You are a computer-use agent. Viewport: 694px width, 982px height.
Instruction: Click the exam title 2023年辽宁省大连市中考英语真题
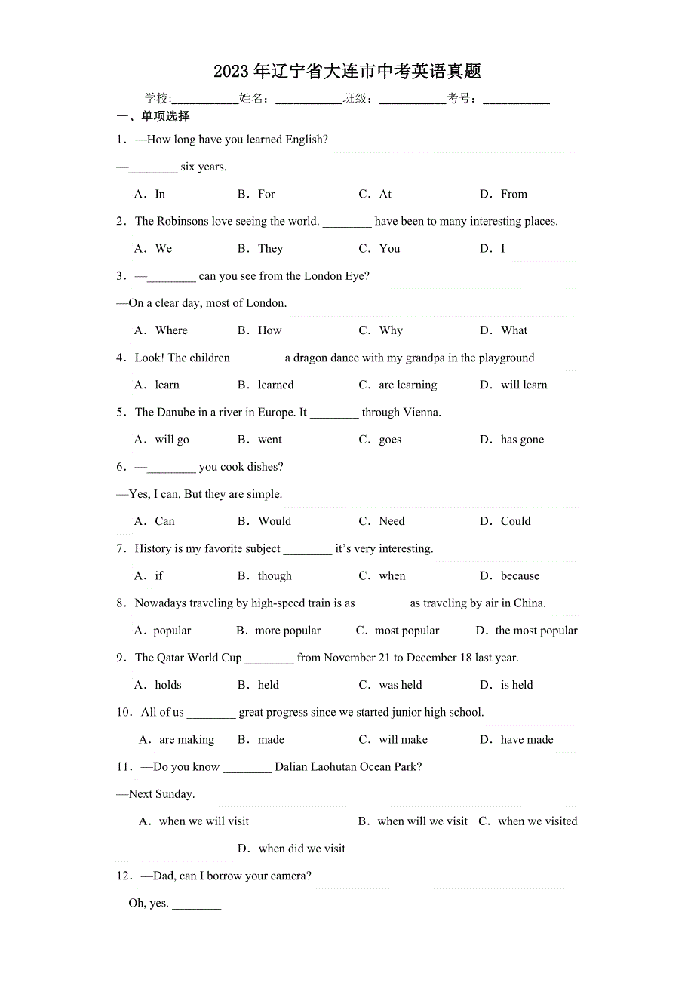pos(347,72)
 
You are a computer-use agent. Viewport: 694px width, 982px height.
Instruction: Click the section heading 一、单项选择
pos(153,117)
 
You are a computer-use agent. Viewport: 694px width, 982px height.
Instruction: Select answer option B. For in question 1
pos(256,195)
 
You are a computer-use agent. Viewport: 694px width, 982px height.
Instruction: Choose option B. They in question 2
pos(260,249)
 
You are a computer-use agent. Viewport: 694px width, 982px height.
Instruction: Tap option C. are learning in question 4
pos(398,385)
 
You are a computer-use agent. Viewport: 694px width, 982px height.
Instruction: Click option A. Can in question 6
pos(155,521)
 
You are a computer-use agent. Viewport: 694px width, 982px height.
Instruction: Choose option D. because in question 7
pos(509,576)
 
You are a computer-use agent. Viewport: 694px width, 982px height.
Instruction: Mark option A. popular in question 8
pos(163,631)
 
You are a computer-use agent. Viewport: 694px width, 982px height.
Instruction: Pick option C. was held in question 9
pos(390,686)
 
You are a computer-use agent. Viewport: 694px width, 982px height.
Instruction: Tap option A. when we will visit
pos(194,821)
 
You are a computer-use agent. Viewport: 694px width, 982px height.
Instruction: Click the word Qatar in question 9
pos(170,658)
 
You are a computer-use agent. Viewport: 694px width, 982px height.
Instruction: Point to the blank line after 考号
pos(516,99)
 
